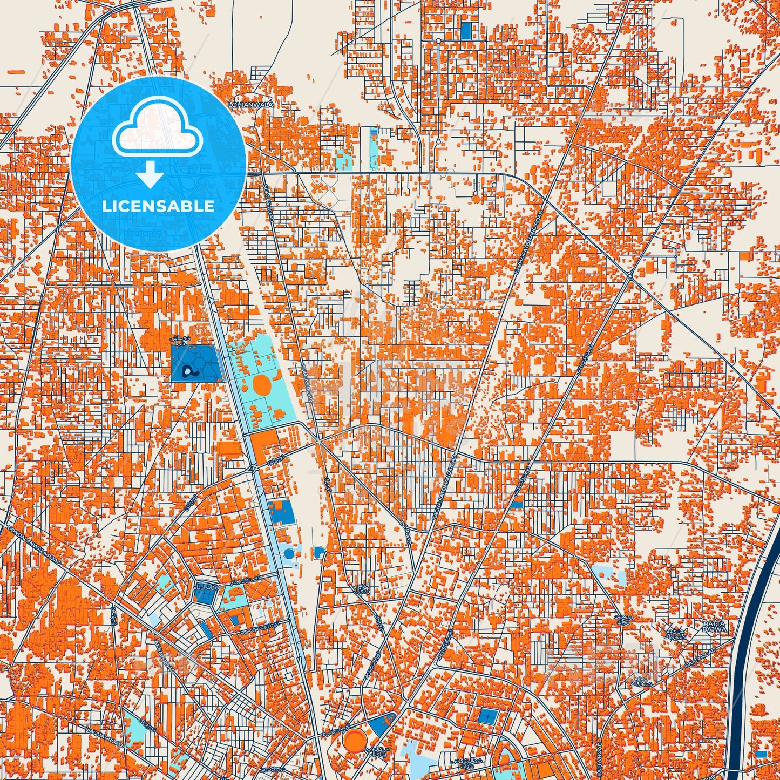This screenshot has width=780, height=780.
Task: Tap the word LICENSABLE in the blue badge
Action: coord(158,206)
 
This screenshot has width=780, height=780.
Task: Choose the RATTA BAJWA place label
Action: coord(715,626)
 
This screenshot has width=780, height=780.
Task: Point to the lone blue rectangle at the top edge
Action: coord(465,31)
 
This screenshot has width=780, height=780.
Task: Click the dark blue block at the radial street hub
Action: coord(206,595)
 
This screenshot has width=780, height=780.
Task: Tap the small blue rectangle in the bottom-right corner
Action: coord(762,754)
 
